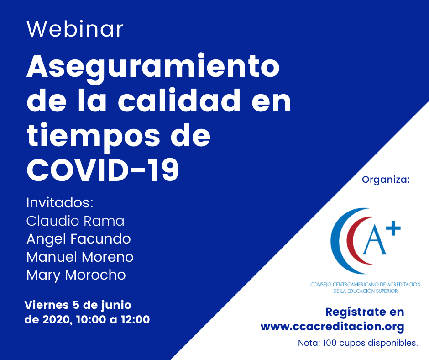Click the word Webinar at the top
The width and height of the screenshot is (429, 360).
point(75,29)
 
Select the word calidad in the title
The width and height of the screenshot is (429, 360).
point(179,101)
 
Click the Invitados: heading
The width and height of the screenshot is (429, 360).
point(60,203)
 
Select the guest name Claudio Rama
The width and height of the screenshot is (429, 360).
point(75,221)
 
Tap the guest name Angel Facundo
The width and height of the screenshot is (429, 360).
point(78,239)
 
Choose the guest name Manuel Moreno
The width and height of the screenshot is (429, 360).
point(80,257)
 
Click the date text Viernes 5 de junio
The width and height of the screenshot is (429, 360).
point(78,305)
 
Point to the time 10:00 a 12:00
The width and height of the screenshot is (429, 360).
point(113,319)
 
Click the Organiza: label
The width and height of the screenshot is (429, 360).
point(386,180)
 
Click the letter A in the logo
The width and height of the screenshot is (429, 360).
point(375,241)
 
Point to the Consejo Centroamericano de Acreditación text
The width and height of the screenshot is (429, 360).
point(365,287)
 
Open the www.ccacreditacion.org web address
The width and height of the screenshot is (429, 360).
point(332,327)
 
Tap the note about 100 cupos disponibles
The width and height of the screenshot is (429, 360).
point(358,343)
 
